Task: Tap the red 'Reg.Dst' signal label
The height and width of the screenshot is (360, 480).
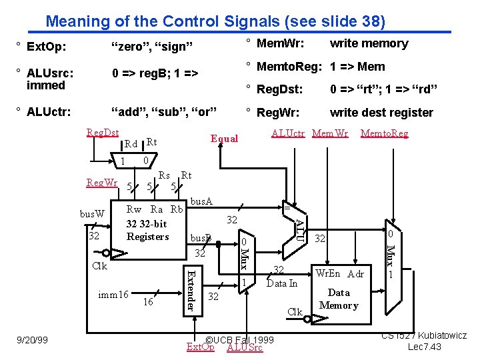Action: [x=103, y=133]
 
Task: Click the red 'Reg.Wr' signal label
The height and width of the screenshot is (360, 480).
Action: [x=102, y=182]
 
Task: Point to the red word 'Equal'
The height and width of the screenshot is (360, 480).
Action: [x=224, y=139]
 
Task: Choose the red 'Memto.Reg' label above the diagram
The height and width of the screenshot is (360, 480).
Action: [x=384, y=133]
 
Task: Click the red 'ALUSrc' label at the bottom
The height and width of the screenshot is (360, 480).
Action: [x=245, y=347]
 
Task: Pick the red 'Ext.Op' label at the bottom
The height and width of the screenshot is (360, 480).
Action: [x=201, y=347]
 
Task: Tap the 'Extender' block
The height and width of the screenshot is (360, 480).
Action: [x=191, y=289]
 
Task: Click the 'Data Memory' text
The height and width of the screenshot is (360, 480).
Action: [x=339, y=299]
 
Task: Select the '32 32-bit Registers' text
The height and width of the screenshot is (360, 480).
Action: [x=147, y=230]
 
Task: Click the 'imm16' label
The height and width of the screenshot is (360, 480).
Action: [x=113, y=294]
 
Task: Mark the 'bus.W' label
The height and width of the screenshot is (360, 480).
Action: [x=92, y=214]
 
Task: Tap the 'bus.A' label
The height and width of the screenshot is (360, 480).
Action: [x=201, y=201]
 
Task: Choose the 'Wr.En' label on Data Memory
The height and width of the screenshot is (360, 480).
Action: [x=327, y=273]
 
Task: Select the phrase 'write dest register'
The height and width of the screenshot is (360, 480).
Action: [x=381, y=113]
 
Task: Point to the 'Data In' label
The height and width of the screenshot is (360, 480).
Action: [x=282, y=283]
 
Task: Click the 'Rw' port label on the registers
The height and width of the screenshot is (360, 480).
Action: [x=134, y=209]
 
